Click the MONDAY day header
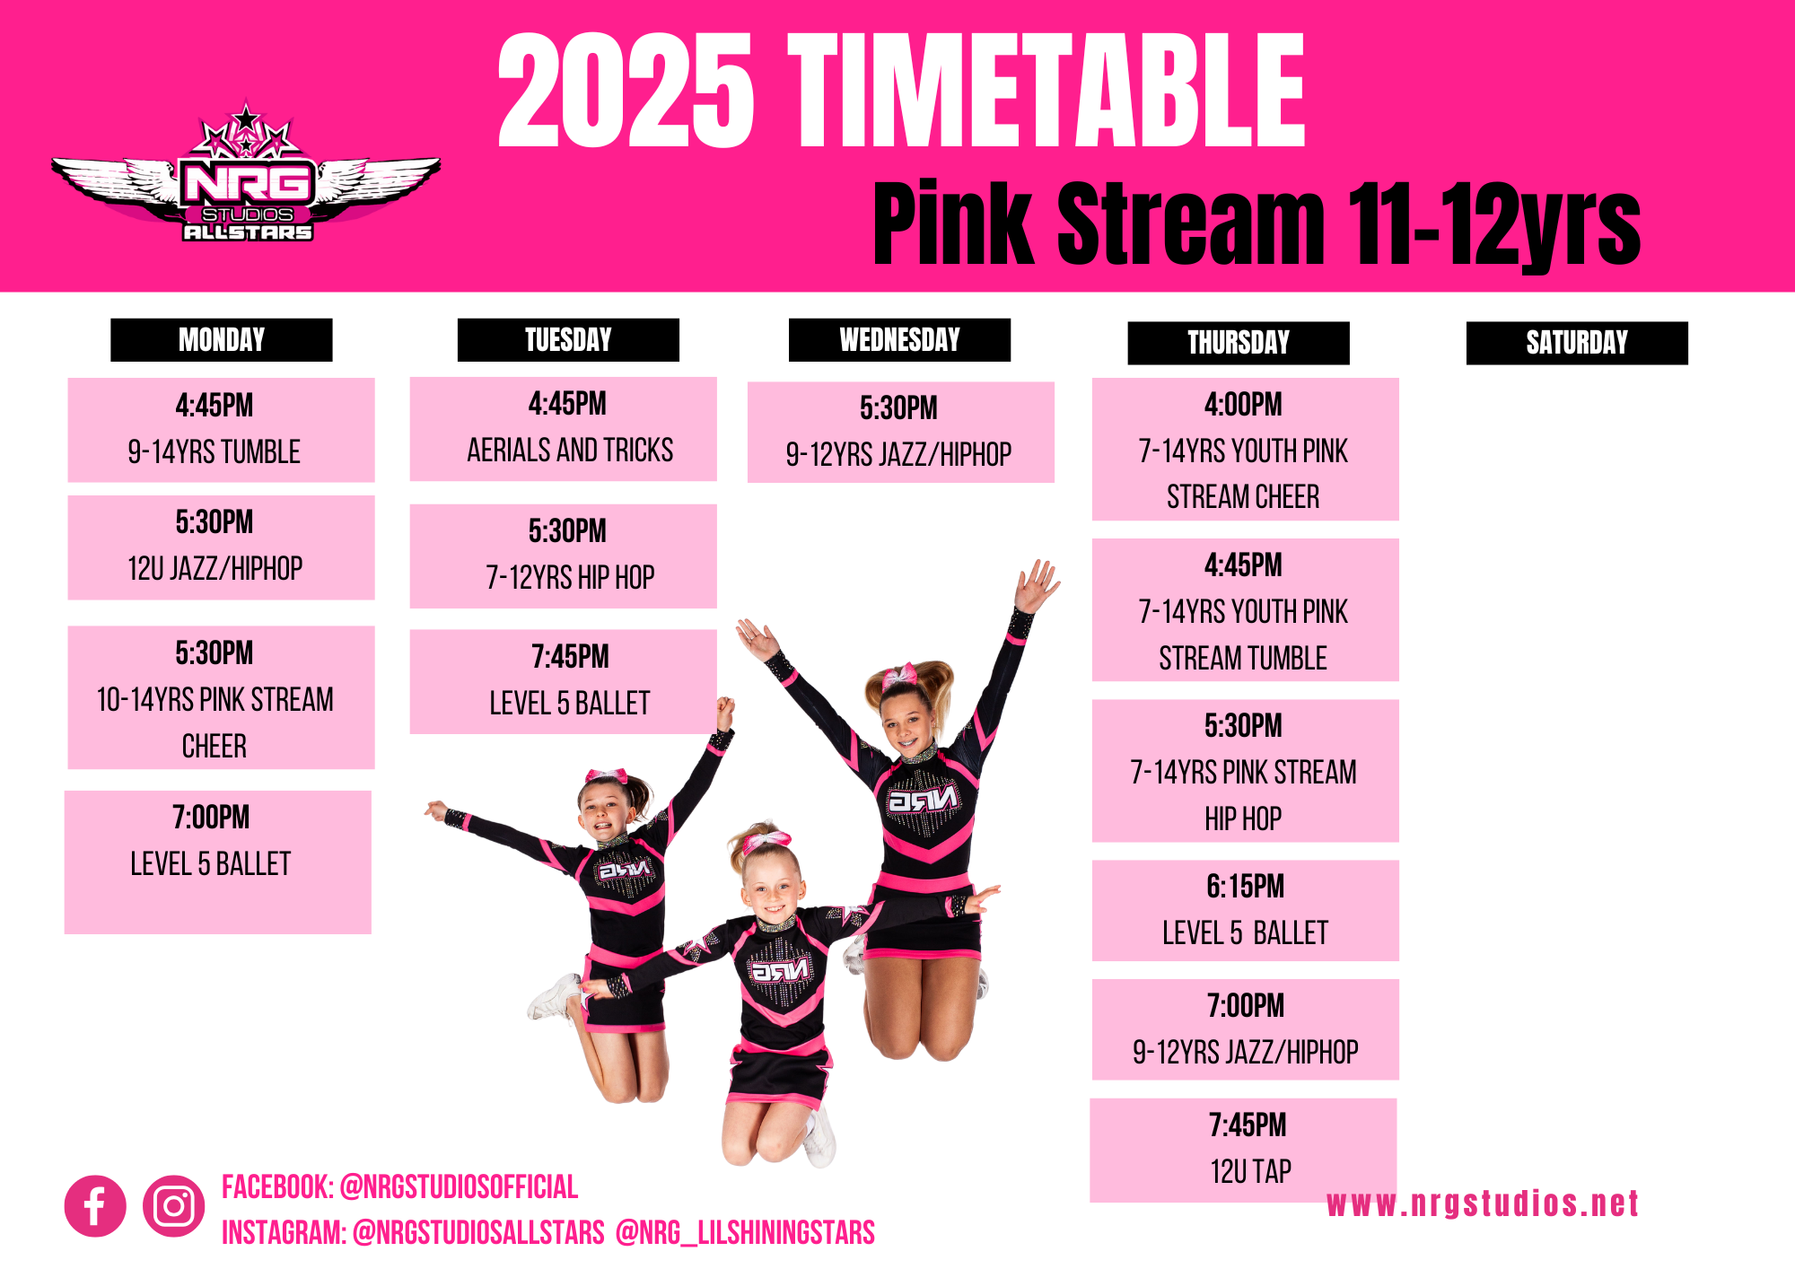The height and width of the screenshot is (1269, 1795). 222,340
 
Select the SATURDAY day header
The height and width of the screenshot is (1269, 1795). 1577,343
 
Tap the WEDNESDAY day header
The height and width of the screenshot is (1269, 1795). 899,340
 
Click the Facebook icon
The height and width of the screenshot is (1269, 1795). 95,1206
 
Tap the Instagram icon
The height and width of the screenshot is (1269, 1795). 173,1206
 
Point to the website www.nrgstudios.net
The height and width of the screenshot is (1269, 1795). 1483,1203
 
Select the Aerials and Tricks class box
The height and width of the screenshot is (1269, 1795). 564,429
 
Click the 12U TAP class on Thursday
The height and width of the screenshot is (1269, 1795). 1244,1150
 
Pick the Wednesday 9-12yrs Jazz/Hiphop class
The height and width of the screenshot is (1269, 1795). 901,433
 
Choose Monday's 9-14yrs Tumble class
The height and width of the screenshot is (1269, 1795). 221,430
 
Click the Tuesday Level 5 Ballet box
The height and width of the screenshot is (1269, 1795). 564,682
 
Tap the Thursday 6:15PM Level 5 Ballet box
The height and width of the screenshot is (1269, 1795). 1246,911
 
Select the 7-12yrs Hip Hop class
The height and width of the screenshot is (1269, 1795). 564,556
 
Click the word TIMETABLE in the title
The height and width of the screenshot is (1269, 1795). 1046,90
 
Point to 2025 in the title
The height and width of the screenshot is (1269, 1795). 626,90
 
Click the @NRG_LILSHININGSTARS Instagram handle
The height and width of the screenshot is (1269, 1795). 745,1233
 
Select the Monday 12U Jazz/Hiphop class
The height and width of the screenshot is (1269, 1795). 221,547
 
